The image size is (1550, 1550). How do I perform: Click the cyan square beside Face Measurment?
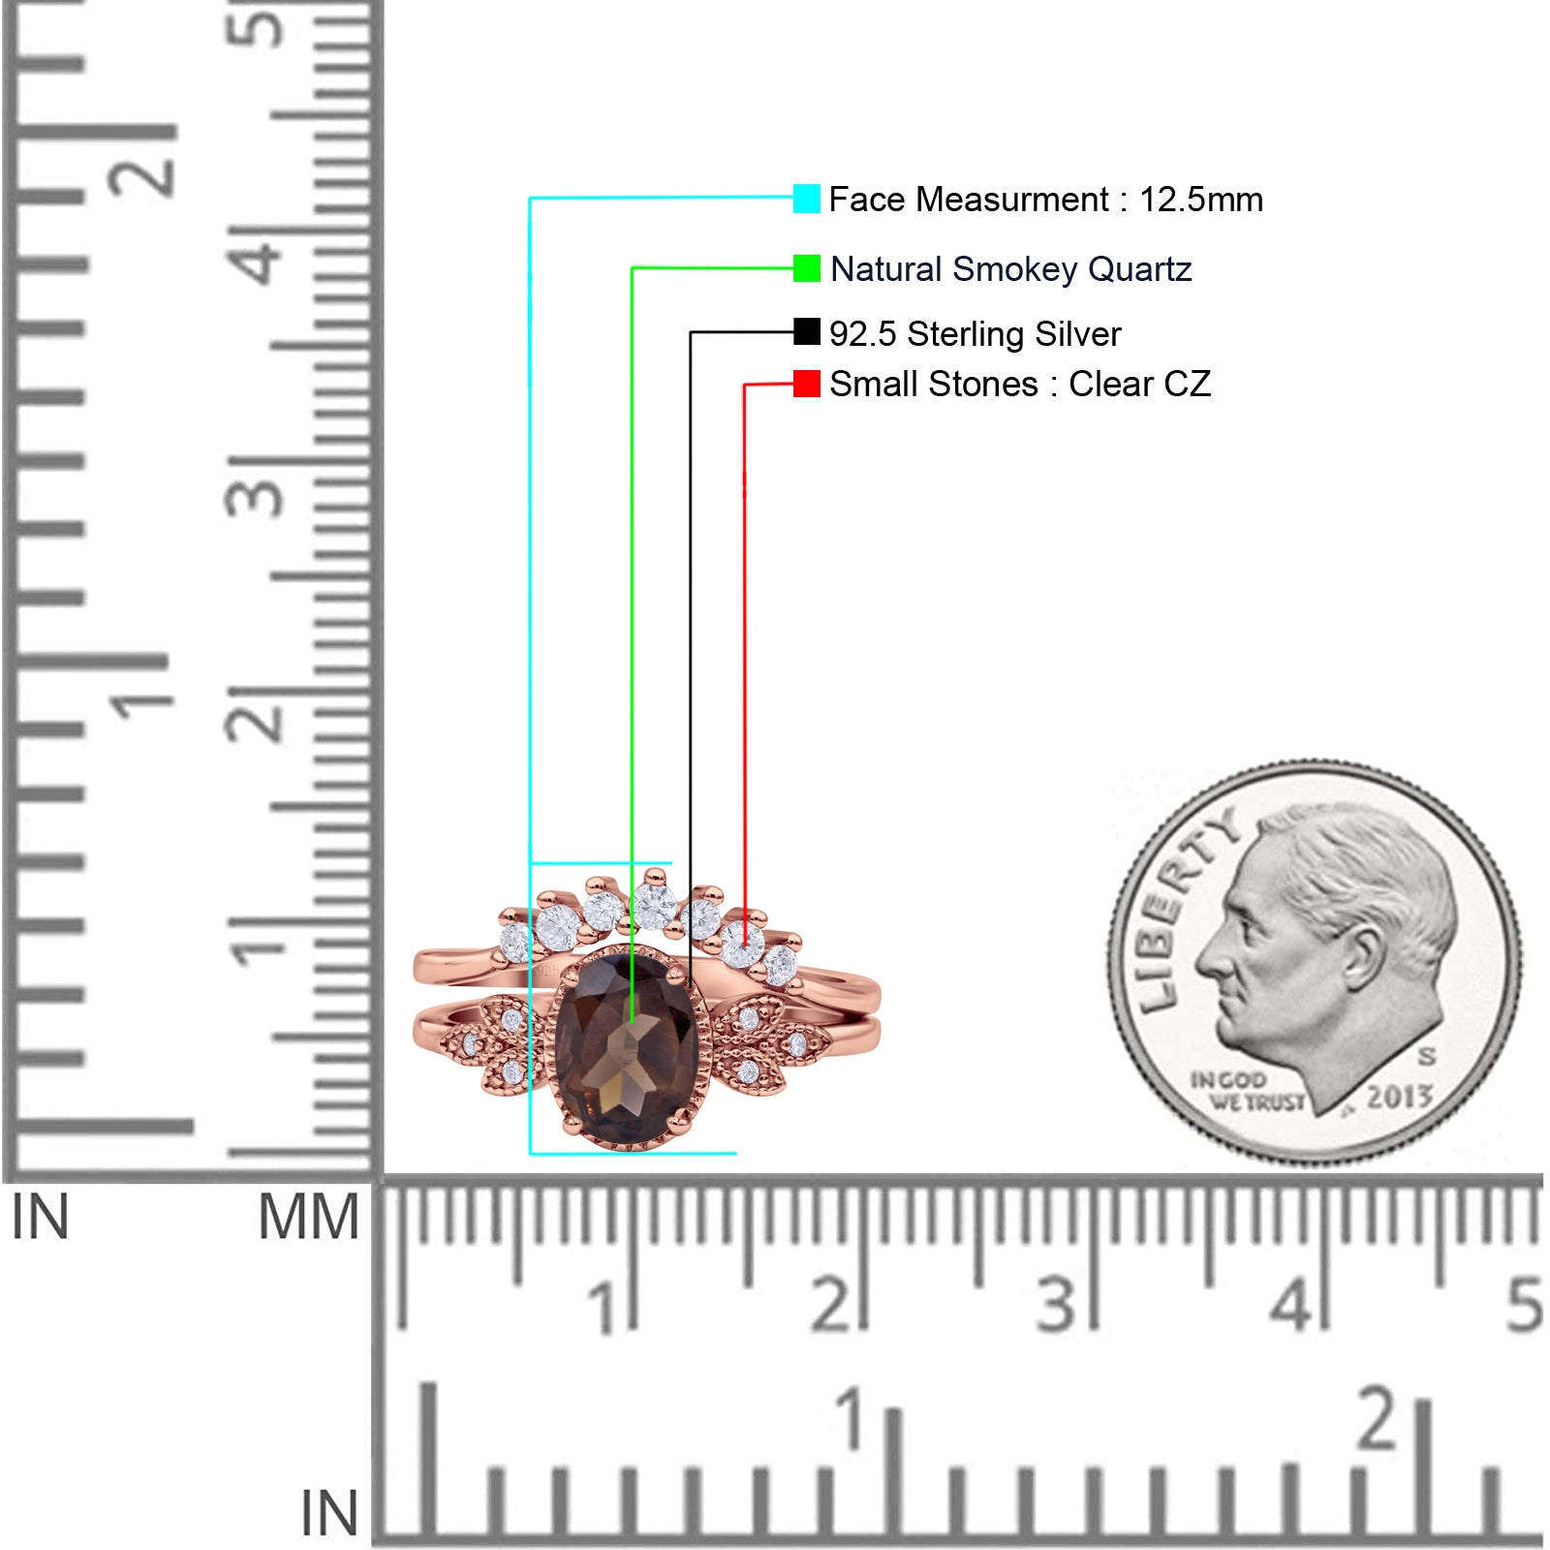(x=806, y=199)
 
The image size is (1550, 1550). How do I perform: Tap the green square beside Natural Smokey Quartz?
(x=806, y=268)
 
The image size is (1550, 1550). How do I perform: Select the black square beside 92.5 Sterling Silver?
(x=806, y=332)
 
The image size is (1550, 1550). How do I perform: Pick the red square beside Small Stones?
(x=806, y=384)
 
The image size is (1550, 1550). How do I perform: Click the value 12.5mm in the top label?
(x=1200, y=200)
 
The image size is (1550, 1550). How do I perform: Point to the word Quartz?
(x=1139, y=269)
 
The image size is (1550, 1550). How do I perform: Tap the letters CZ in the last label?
(x=1188, y=385)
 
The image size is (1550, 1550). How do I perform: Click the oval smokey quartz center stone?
(x=626, y=1045)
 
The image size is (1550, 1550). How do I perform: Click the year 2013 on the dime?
(x=1399, y=1097)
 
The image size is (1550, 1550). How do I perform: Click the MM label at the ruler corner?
(x=308, y=1217)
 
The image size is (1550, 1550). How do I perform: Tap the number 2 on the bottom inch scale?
(x=1377, y=1418)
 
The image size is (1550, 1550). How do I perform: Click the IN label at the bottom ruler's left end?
(x=329, y=1513)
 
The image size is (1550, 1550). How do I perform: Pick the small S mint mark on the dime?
(x=1427, y=1056)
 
